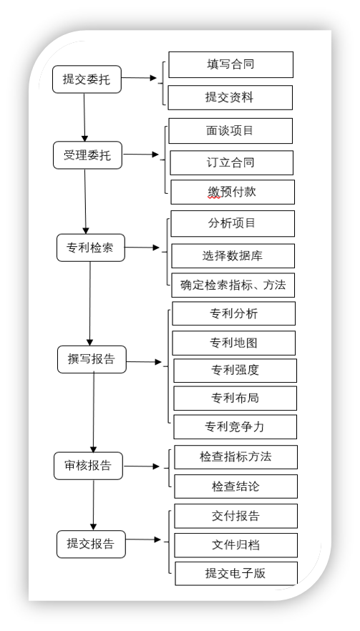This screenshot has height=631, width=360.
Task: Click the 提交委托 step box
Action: pyautogui.click(x=87, y=79)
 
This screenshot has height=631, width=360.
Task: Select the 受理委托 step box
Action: pyautogui.click(x=88, y=155)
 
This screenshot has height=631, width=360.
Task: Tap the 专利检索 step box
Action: pyautogui.click(x=91, y=248)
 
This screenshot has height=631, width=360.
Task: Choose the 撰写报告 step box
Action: pyautogui.click(x=92, y=359)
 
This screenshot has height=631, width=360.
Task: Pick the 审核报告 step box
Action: pyautogui.click(x=88, y=466)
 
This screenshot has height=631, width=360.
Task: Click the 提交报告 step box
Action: pyautogui.click(x=91, y=544)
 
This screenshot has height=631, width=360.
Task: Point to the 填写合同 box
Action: pyautogui.click(x=230, y=64)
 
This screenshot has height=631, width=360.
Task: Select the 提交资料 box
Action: pyautogui.click(x=230, y=97)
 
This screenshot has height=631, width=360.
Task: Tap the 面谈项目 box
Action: pyautogui.click(x=230, y=131)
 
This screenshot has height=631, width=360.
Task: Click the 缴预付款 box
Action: pyautogui.click(x=233, y=192)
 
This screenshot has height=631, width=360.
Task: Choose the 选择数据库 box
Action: pyautogui.click(x=233, y=255)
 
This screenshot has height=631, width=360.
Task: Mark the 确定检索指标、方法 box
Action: pyautogui.click(x=233, y=285)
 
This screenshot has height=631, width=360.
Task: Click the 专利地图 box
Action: pyautogui.click(x=234, y=343)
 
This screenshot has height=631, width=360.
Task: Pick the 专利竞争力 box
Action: pyautogui.click(x=235, y=426)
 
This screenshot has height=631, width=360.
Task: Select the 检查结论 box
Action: pyautogui.click(x=236, y=486)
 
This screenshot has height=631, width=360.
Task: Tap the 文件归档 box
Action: pyautogui.click(x=236, y=545)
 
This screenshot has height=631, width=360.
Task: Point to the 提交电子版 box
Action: pyautogui.click(x=236, y=574)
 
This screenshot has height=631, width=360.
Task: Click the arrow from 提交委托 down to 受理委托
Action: pyautogui.click(x=84, y=117)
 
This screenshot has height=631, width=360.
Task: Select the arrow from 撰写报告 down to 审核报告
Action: pyautogui.click(x=94, y=413)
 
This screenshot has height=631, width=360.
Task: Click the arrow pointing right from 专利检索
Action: pyautogui.click(x=142, y=248)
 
